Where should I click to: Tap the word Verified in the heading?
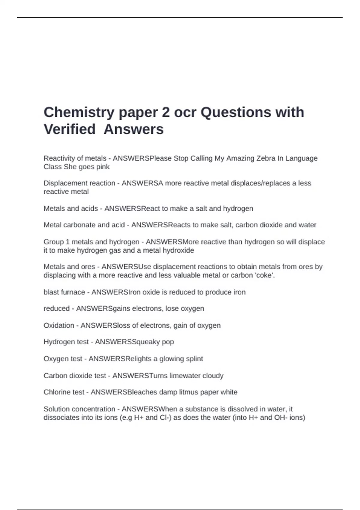coord(70,130)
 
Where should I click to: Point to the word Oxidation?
coord(59,325)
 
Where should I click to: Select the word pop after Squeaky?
coord(168,342)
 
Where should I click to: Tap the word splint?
coord(194,359)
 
